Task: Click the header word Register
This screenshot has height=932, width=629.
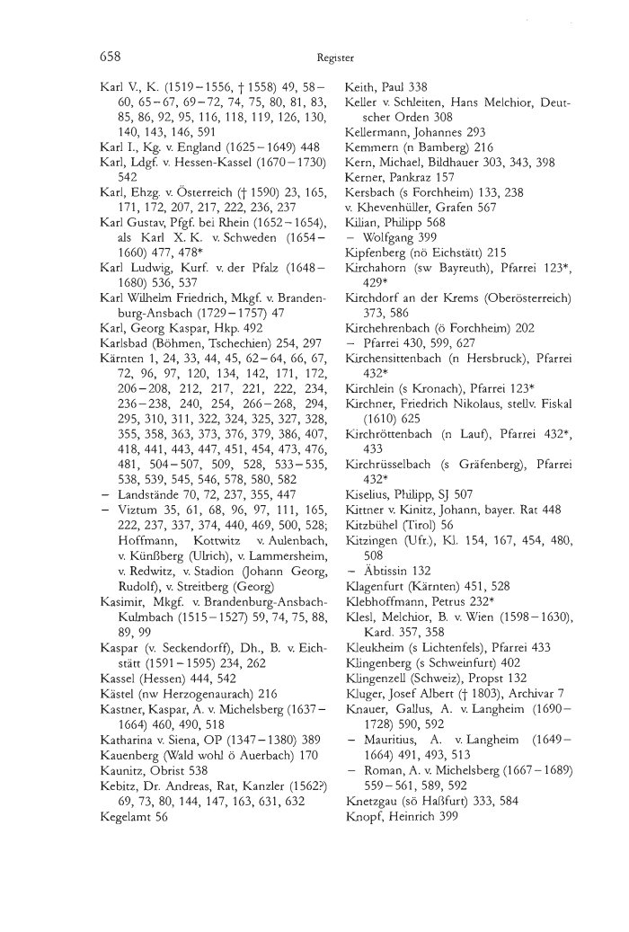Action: pyautogui.click(x=336, y=58)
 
